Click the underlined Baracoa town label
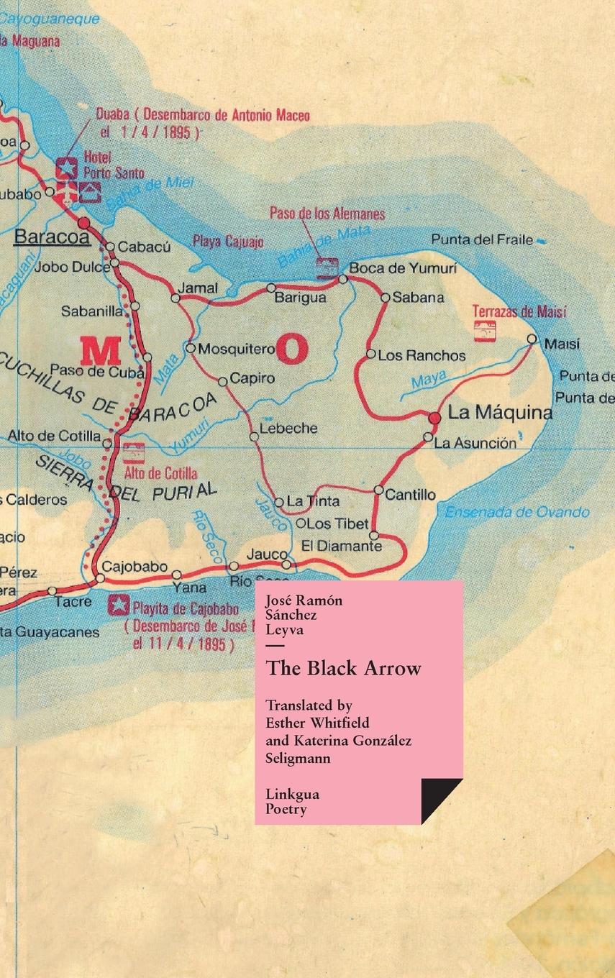click(52, 237)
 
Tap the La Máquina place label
click(500, 413)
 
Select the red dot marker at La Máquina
click(434, 418)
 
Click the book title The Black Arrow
click(343, 669)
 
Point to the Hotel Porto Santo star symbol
click(67, 168)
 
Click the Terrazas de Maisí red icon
click(485, 331)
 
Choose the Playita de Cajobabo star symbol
click(119, 605)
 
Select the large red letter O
click(292, 349)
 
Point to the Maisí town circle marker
click(532, 339)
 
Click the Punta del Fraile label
click(482, 239)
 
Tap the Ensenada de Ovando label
click(516, 512)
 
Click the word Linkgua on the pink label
click(293, 795)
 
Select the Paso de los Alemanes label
click(327, 214)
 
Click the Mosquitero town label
click(236, 349)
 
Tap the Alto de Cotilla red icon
click(133, 453)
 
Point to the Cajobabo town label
click(135, 567)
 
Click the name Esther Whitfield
click(317, 723)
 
